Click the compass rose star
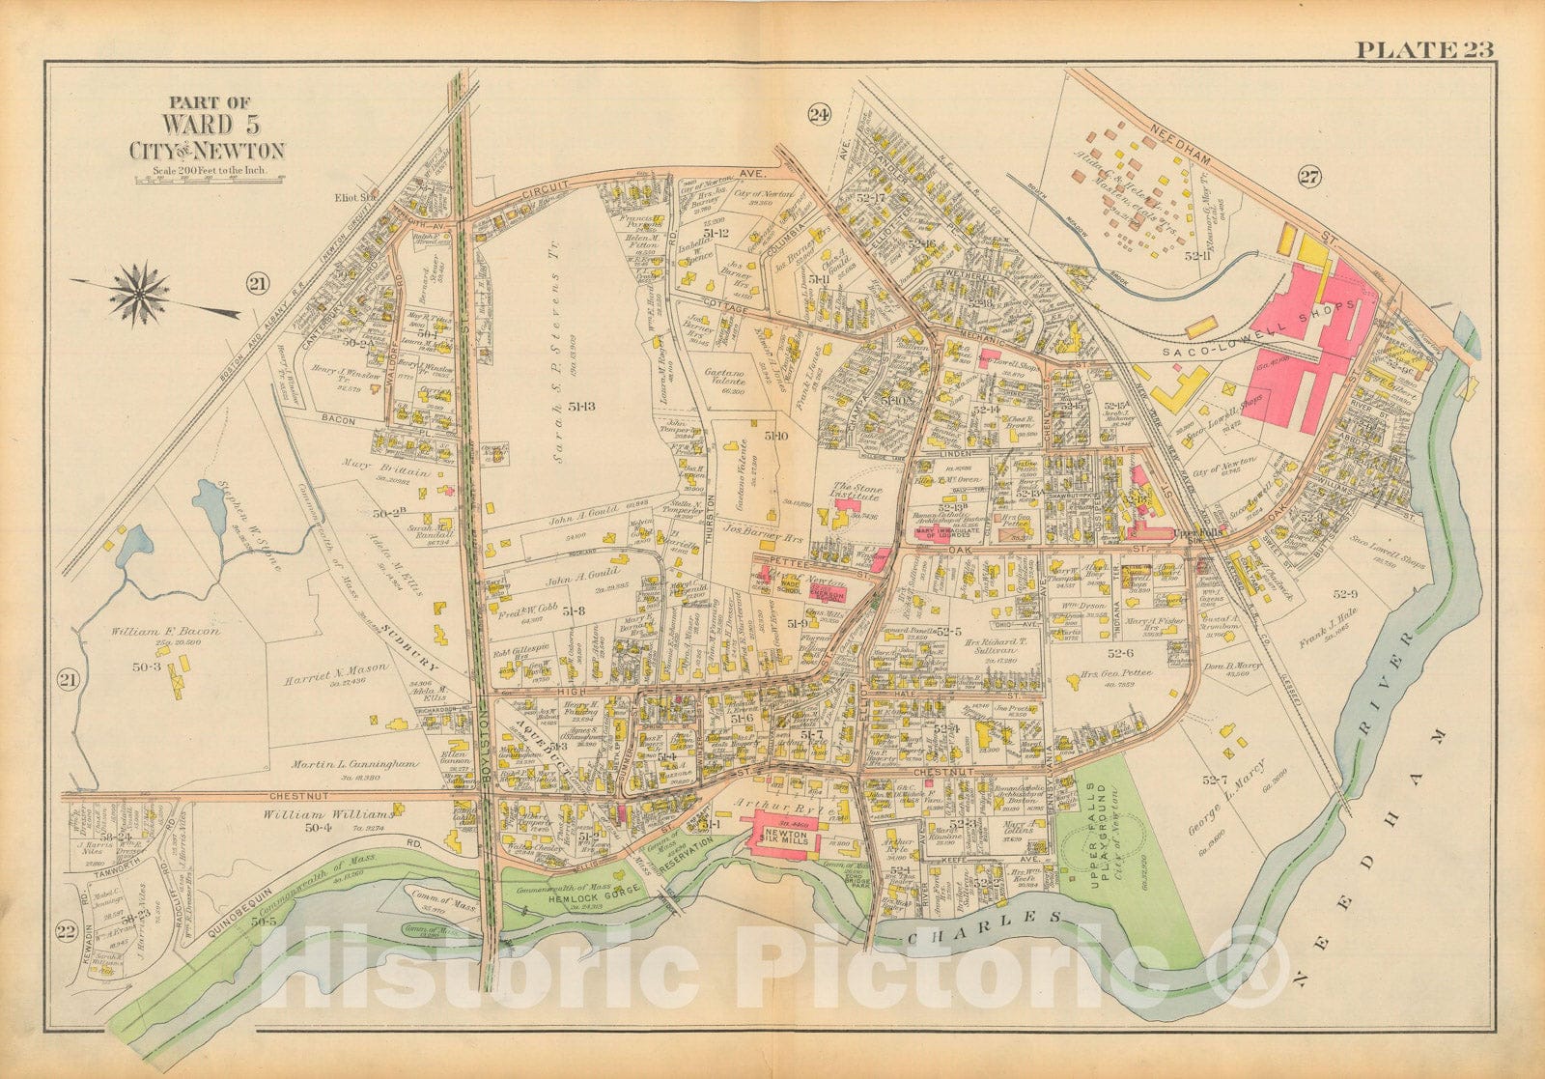click(x=141, y=294)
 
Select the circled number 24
click(x=819, y=115)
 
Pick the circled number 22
click(x=66, y=931)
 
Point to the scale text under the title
click(x=208, y=172)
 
